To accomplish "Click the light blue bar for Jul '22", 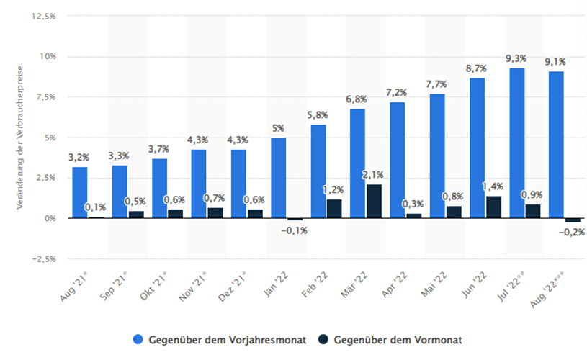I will pos(516,143).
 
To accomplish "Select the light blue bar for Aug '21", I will pos(80,192).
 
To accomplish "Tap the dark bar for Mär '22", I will pos(374,201).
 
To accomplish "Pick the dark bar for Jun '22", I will pos(493,207).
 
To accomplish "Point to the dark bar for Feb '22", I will pos(334,208).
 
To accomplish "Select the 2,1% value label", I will pos(374,174).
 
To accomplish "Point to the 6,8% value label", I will pos(358,99).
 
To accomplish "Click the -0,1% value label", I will pos(295,230).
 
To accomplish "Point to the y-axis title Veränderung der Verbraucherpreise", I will pos(22,137).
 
